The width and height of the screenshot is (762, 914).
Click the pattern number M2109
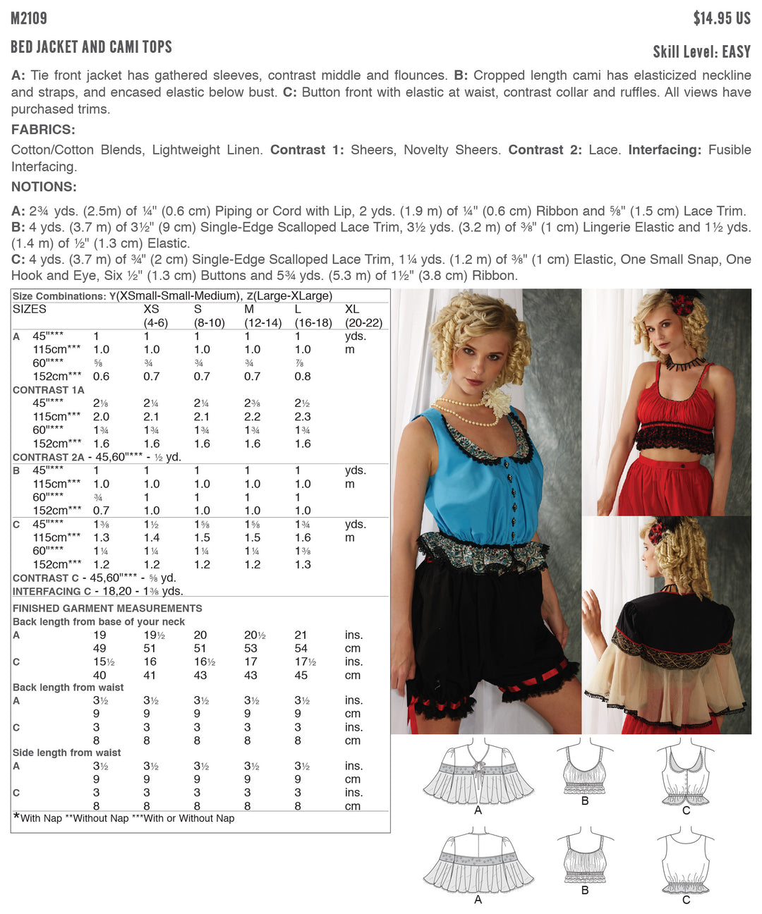(x=29, y=18)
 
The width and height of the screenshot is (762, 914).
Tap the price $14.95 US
(x=721, y=18)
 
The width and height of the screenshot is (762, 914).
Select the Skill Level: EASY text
(x=701, y=51)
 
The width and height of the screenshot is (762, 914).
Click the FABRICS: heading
(x=43, y=130)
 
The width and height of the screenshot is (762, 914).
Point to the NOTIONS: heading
(x=44, y=187)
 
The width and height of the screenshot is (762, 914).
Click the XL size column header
(x=352, y=310)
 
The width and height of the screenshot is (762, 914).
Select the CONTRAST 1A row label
(x=48, y=390)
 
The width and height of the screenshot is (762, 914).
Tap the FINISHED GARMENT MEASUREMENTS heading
(x=107, y=608)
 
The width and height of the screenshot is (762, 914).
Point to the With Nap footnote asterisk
(x=16, y=817)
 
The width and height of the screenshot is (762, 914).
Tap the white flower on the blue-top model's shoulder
(x=497, y=402)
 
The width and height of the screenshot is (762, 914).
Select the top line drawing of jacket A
(x=478, y=773)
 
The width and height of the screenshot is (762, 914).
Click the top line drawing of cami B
(x=585, y=769)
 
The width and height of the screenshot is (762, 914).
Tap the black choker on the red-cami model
(x=685, y=364)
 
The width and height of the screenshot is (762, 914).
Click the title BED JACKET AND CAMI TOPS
(x=92, y=47)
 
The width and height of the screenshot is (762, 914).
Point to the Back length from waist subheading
(x=68, y=688)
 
